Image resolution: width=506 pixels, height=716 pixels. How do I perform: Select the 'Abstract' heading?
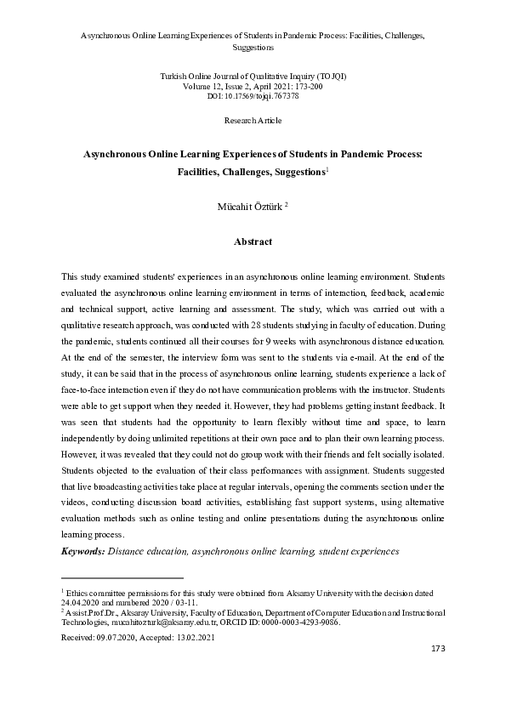point(253,242)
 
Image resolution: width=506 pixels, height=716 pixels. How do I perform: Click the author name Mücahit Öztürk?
point(249,206)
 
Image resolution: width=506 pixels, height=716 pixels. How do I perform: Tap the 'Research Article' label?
point(253,122)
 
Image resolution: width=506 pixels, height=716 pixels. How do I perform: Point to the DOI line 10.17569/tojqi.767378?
point(253,96)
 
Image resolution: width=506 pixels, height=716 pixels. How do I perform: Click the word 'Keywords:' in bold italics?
point(83,552)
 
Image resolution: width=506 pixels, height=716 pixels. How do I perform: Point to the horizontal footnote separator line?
point(122,577)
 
